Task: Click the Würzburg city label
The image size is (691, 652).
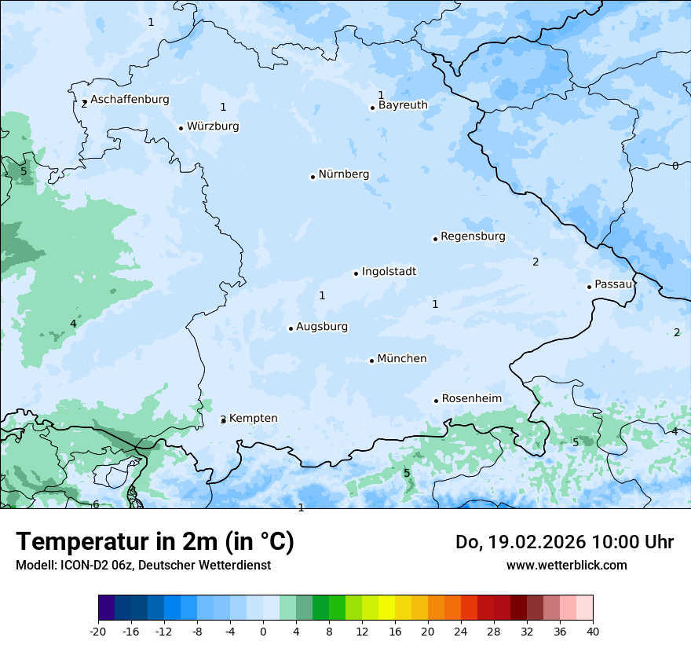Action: (x=213, y=126)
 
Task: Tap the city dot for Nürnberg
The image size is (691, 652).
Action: (x=313, y=177)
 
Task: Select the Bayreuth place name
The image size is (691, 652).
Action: (x=403, y=105)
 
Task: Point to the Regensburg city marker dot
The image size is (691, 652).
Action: (x=435, y=239)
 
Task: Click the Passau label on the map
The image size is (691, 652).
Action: (x=613, y=284)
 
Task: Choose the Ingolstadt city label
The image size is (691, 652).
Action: (x=389, y=272)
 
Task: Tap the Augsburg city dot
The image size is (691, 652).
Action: (x=291, y=328)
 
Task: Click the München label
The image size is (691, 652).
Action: (x=402, y=359)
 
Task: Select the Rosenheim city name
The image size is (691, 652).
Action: (x=471, y=399)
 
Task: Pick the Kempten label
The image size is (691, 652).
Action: (x=253, y=419)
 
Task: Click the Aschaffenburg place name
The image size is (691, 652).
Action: (x=130, y=100)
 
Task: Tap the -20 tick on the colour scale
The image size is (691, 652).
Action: (x=98, y=631)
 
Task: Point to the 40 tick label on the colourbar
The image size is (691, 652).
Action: (x=593, y=631)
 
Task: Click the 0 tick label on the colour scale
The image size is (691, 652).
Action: (x=263, y=631)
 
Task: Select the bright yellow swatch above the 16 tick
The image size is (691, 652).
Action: (x=386, y=608)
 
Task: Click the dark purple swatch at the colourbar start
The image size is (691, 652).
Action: (x=106, y=608)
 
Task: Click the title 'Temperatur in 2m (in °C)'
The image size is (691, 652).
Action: (x=155, y=542)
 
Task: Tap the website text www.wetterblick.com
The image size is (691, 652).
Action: (x=566, y=565)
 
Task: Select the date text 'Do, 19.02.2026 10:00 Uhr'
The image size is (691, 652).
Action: (x=565, y=542)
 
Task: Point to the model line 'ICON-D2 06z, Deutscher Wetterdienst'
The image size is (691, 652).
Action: (x=143, y=565)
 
